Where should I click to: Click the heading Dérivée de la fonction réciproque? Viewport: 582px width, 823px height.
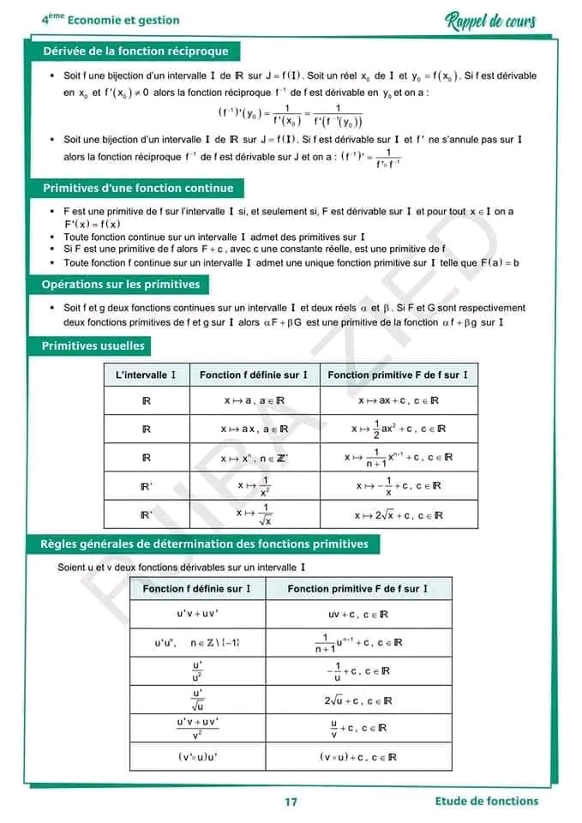[x=135, y=51]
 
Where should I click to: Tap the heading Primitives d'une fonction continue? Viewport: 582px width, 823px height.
[x=137, y=189]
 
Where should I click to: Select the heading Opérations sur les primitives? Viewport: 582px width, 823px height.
[x=121, y=285]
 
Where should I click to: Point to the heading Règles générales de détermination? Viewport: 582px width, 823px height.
[x=205, y=544]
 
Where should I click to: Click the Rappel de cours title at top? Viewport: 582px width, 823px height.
[x=491, y=21]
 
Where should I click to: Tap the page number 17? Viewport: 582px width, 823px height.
[x=291, y=802]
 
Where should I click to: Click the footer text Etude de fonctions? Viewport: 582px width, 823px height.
[x=487, y=801]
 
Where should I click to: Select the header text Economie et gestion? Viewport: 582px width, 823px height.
[x=123, y=20]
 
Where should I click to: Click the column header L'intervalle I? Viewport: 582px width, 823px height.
[x=147, y=375]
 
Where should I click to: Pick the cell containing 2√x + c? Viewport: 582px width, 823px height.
[x=399, y=515]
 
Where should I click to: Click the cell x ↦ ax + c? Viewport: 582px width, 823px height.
[x=399, y=400]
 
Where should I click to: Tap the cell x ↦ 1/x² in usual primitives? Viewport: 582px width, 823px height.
[x=255, y=486]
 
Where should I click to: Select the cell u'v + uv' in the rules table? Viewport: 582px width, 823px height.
[x=198, y=615]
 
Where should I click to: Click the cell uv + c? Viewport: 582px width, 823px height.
[x=358, y=615]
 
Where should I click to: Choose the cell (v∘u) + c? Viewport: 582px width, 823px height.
[x=358, y=757]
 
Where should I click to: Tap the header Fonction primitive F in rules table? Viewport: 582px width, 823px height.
[x=357, y=589]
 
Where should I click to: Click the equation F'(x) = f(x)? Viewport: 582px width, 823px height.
[x=92, y=225]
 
